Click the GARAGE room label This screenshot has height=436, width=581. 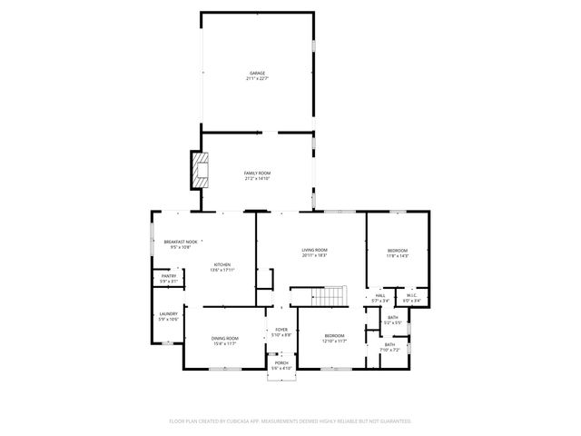tap(257, 73)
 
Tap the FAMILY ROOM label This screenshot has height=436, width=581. tap(257, 173)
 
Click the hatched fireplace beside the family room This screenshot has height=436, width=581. tap(200, 170)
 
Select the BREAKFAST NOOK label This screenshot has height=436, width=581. tap(180, 242)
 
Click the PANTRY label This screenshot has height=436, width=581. tap(168, 276)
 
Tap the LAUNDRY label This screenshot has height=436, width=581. tap(168, 314)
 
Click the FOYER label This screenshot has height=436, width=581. tap(281, 330)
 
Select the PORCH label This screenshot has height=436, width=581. tap(281, 362)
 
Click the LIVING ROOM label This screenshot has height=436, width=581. tap(314, 250)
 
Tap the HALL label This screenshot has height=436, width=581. tap(380, 295)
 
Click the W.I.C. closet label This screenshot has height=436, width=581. tap(410, 295)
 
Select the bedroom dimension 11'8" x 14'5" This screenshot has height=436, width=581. tap(398, 256)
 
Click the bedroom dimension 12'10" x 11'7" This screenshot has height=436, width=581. tap(335, 342)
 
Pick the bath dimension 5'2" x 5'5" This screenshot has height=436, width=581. tap(392, 322)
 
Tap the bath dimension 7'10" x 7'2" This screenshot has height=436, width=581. tap(389, 349)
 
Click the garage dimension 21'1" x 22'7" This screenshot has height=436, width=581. tap(257, 78)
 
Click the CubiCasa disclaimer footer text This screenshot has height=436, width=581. tap(290, 421)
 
